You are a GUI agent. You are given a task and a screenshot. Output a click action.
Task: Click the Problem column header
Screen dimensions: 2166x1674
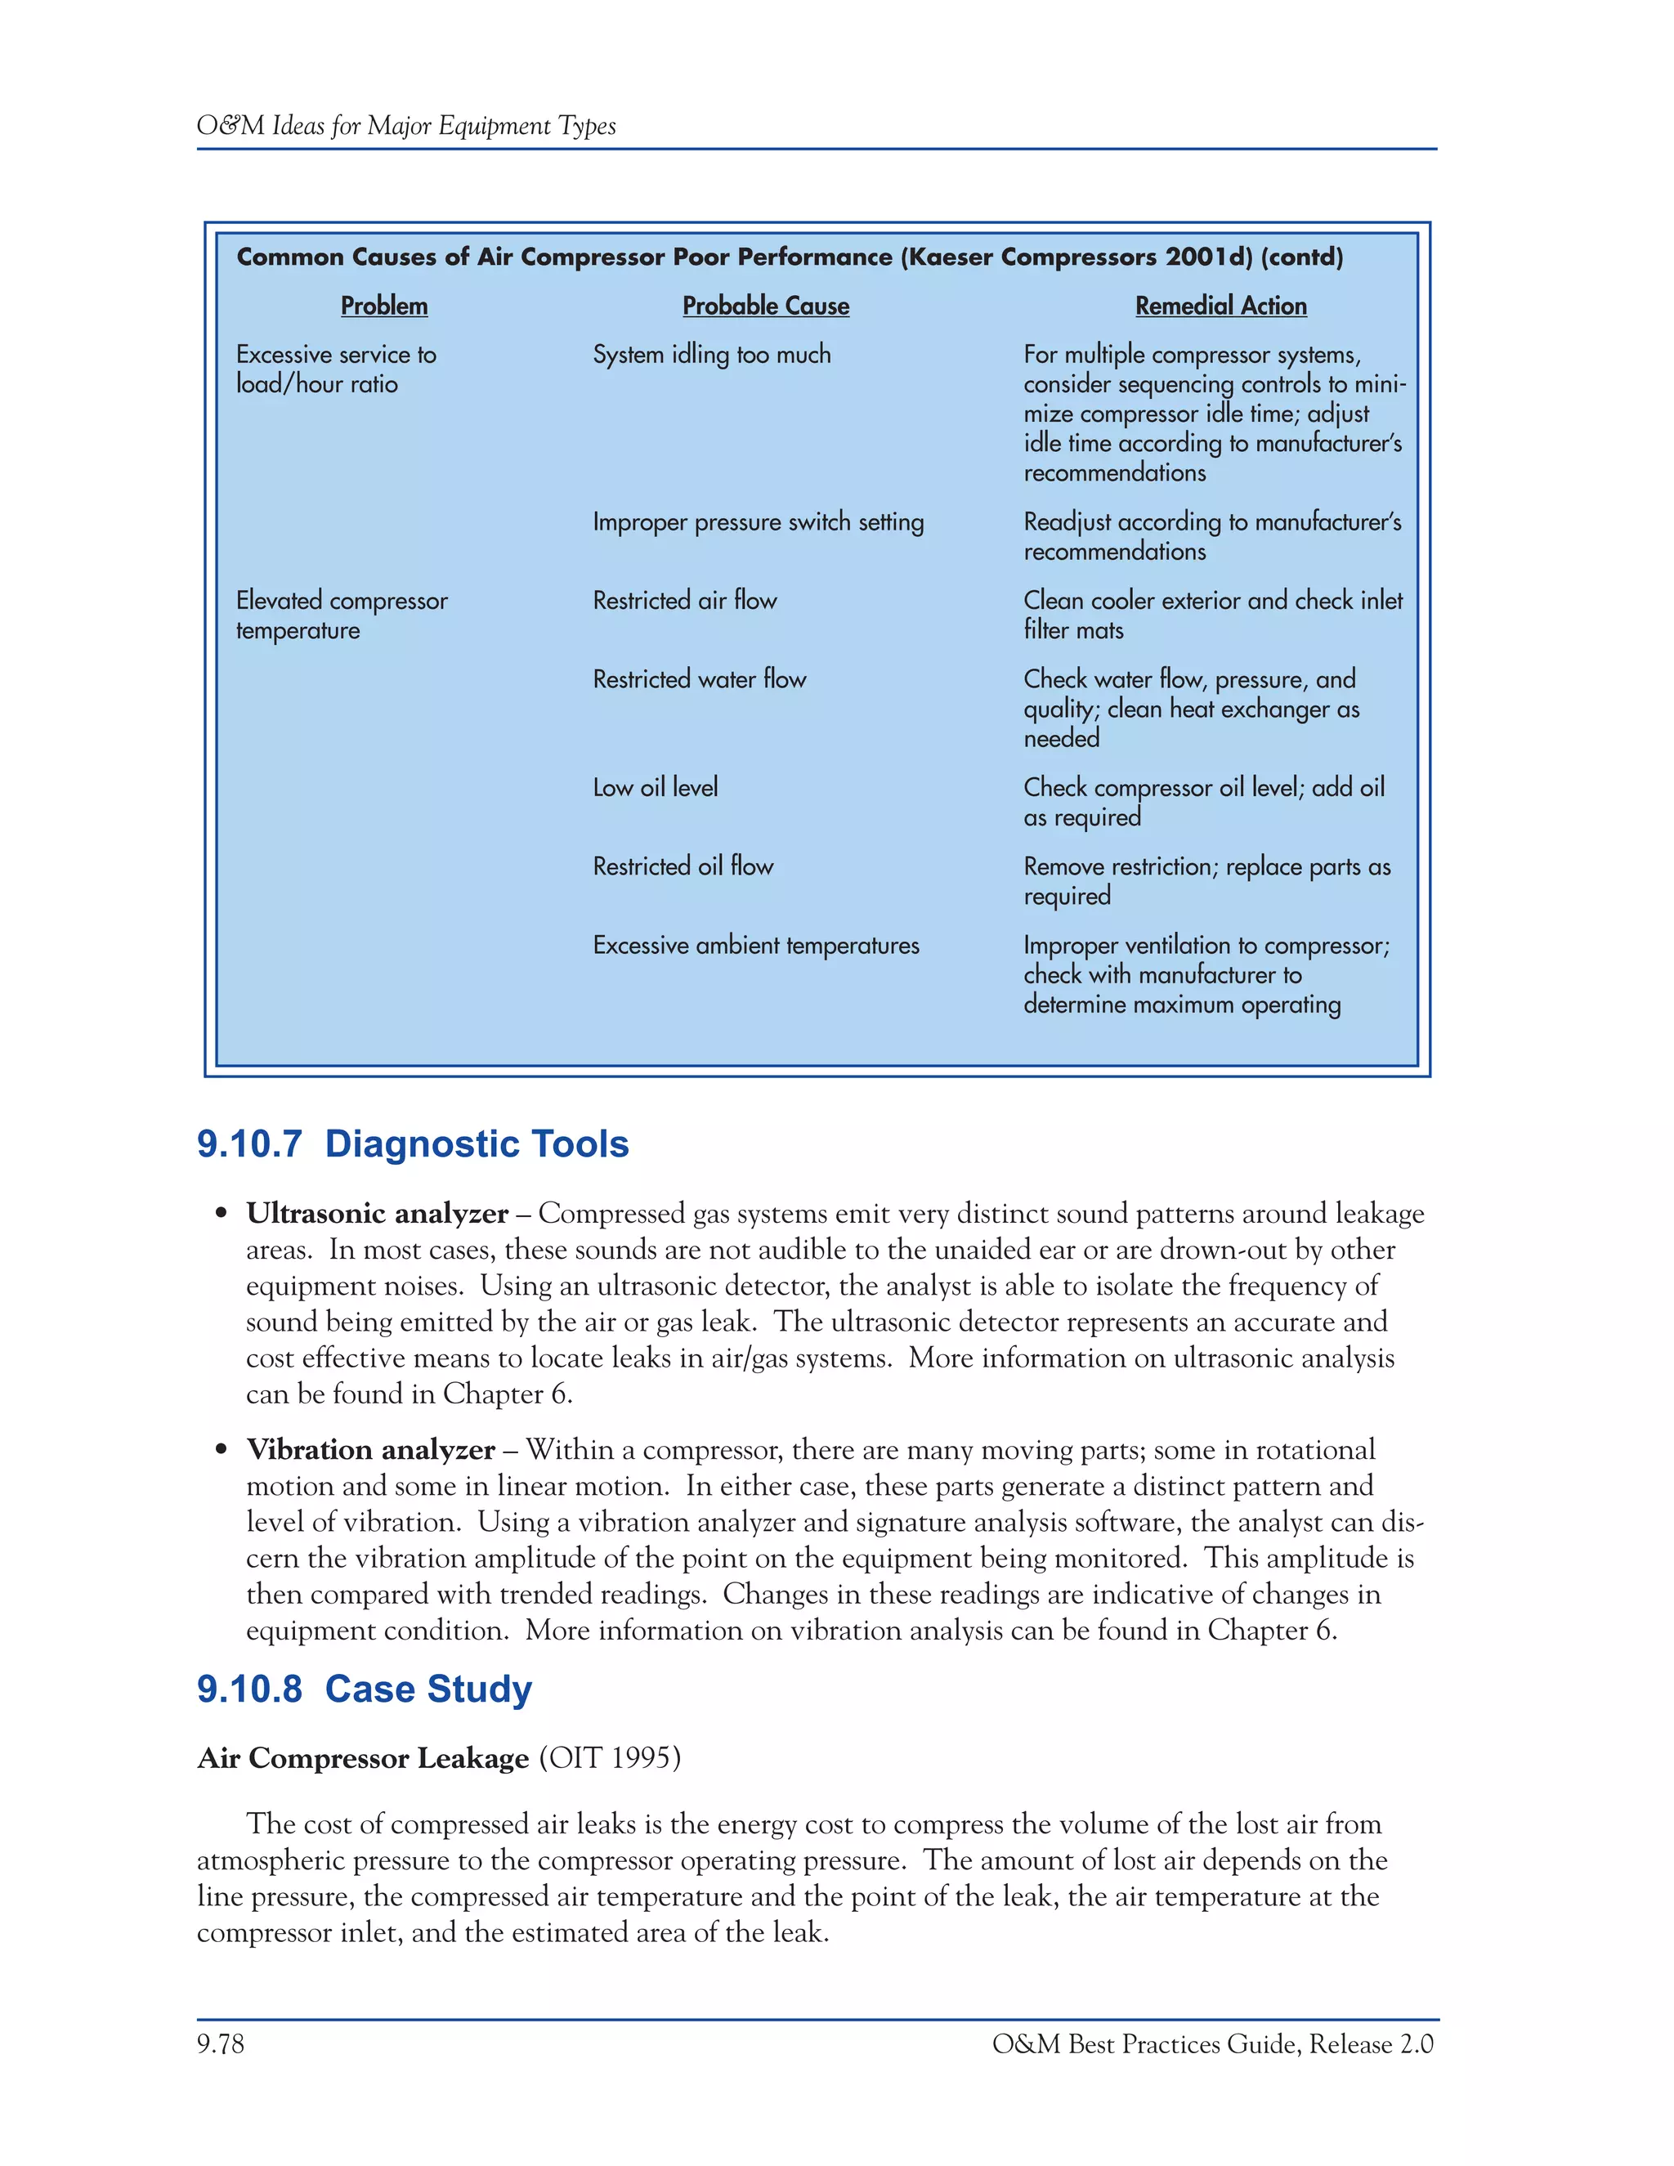pyautogui.click(x=384, y=306)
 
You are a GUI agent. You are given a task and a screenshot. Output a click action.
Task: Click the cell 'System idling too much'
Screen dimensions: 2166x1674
pyautogui.click(x=711, y=354)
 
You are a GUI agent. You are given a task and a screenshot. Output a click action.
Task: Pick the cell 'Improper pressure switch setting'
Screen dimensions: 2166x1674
pyautogui.click(x=758, y=521)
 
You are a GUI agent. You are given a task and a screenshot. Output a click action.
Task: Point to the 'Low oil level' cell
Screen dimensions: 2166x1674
pyautogui.click(x=655, y=787)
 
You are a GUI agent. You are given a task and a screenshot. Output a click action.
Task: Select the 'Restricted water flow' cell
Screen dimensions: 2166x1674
pyautogui.click(x=699, y=679)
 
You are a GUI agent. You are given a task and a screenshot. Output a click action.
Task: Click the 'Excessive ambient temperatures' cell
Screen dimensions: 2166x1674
pyautogui.click(x=756, y=945)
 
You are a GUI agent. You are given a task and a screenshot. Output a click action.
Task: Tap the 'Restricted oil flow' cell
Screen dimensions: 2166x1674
pyautogui.click(x=683, y=866)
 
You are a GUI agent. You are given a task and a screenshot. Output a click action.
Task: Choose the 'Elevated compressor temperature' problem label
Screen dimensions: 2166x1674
pyautogui.click(x=341, y=615)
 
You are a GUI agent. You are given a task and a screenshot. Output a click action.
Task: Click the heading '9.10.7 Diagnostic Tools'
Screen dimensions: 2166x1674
pyautogui.click(x=413, y=1143)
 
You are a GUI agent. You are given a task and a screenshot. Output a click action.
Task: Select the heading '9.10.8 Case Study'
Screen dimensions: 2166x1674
pyautogui.click(x=364, y=1688)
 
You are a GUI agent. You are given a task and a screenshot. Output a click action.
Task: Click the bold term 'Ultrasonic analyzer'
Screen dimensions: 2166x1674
pyautogui.click(x=377, y=1213)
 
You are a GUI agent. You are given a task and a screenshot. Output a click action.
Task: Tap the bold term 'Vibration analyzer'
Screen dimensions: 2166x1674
pyautogui.click(x=370, y=1449)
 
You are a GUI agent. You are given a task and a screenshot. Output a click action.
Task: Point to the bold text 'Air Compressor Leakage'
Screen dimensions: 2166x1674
pyautogui.click(x=363, y=1757)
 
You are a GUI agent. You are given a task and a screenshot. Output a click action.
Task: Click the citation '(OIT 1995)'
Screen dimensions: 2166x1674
pyautogui.click(x=609, y=1757)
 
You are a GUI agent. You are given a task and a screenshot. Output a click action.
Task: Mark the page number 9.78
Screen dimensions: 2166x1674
pyautogui.click(x=220, y=2043)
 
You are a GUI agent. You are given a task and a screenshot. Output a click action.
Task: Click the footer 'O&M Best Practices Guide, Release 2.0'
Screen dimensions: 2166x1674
pyautogui.click(x=1212, y=2043)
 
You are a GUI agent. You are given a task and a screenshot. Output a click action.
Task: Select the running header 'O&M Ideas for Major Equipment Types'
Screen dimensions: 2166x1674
pyautogui.click(x=405, y=126)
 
